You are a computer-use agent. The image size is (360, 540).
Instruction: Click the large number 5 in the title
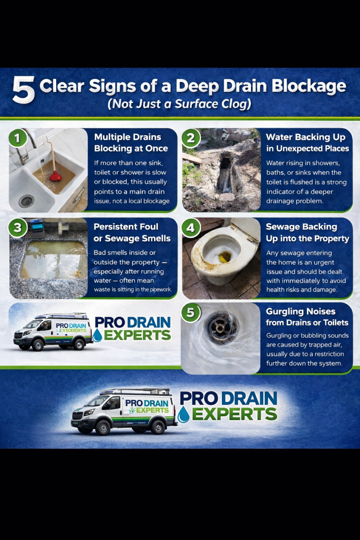coord(23,90)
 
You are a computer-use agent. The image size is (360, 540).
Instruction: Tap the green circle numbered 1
coord(18,138)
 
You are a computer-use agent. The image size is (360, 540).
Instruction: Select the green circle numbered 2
coord(191,138)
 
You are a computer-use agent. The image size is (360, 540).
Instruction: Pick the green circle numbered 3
coord(18,227)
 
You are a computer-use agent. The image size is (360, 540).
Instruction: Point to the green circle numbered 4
coord(191,227)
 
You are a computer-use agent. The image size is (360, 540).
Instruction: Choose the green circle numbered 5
coord(191,312)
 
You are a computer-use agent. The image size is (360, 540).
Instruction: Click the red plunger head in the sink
coord(55,176)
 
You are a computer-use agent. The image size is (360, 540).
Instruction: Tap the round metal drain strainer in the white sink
coord(26,201)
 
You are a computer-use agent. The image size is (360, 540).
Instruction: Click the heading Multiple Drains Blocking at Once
coord(131,143)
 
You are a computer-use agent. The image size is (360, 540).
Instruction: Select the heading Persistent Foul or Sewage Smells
coord(132,232)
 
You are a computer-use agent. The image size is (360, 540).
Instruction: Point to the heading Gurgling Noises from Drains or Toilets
coord(307,317)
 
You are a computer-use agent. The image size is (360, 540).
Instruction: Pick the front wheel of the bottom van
coord(103,427)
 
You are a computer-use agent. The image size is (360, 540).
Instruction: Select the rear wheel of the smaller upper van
coord(79,344)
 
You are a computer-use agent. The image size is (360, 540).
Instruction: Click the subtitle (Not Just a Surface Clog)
coord(180,104)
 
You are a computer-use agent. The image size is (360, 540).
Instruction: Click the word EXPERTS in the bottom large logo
coord(234,414)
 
